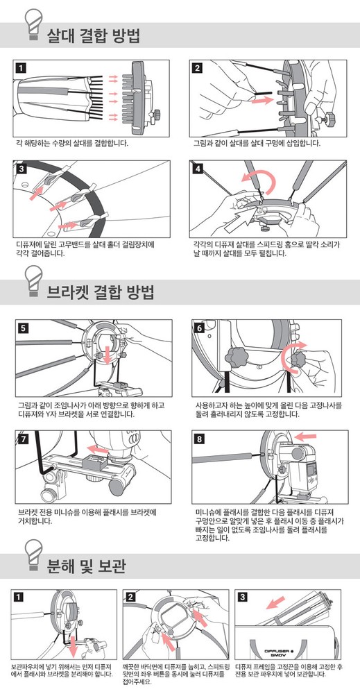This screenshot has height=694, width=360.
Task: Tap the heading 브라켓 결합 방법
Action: tap(100, 293)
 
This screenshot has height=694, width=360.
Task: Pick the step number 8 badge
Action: tap(200, 439)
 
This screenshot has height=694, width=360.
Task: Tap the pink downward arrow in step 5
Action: tap(107, 353)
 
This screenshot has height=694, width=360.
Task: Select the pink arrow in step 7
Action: tap(97, 448)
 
